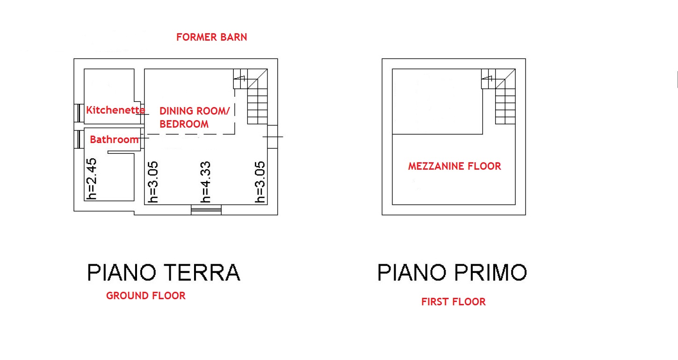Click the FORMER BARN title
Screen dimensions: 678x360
[x=211, y=37]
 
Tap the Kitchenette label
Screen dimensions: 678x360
[x=115, y=110]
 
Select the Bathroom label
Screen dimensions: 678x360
[x=114, y=139]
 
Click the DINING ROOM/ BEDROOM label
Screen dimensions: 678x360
[x=195, y=117]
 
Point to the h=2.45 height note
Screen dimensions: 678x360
[x=92, y=179]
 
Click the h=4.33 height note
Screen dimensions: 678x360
[x=206, y=182]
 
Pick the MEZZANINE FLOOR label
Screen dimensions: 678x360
[x=454, y=166]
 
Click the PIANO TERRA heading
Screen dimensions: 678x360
[x=164, y=272]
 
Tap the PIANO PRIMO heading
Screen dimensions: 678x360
[x=452, y=272]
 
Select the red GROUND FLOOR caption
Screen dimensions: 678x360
[x=145, y=295]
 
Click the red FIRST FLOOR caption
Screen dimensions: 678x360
[x=454, y=302]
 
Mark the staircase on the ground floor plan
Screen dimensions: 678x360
[x=250, y=96]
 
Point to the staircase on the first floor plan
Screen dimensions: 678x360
[x=498, y=96]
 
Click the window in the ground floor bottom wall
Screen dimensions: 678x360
[x=206, y=209]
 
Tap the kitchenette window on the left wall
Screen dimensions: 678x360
[x=79, y=113]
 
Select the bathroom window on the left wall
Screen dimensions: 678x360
[x=79, y=139]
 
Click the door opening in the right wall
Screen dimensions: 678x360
[x=273, y=137]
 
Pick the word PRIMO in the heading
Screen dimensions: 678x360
[x=490, y=272]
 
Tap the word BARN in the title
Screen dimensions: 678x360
[x=233, y=37]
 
